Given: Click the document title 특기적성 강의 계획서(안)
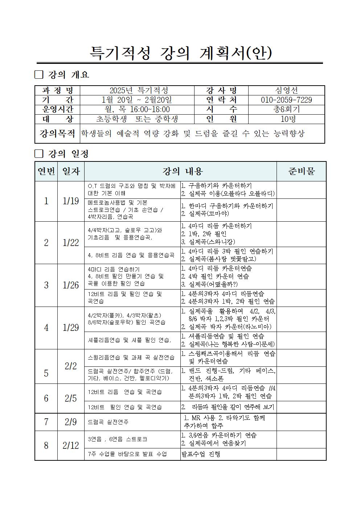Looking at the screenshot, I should pyautogui.click(x=180, y=53).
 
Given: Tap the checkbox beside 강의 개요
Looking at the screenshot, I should pyautogui.click(x=39, y=75).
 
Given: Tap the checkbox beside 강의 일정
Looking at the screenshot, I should pyautogui.click(x=39, y=154).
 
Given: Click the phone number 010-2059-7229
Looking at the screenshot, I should pyautogui.click(x=286, y=100).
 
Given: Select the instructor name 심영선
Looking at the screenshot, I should pyautogui.click(x=286, y=90).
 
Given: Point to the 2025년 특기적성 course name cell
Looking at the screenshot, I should pyautogui.click(x=137, y=90).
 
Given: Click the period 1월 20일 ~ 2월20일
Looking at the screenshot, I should pyautogui.click(x=137, y=100).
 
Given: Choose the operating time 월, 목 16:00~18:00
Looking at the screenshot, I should pyautogui.click(x=137, y=109).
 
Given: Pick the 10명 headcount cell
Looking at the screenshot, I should pyautogui.click(x=286, y=119).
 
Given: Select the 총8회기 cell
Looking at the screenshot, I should pyautogui.click(x=286, y=109).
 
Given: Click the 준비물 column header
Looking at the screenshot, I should pyautogui.click(x=301, y=171).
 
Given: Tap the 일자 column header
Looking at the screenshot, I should pyautogui.click(x=71, y=171).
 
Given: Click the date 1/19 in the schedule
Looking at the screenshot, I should pyautogui.click(x=71, y=201).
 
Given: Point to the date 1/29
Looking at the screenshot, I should pyautogui.click(x=71, y=328).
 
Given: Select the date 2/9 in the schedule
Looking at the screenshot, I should pyautogui.click(x=71, y=422).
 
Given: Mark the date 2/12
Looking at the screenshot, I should pyautogui.click(x=71, y=445).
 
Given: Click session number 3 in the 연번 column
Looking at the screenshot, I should pyautogui.click(x=46, y=285).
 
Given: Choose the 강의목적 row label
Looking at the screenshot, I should pyautogui.click(x=57, y=134).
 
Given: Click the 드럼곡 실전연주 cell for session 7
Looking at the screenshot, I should pyautogui.click(x=108, y=422).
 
